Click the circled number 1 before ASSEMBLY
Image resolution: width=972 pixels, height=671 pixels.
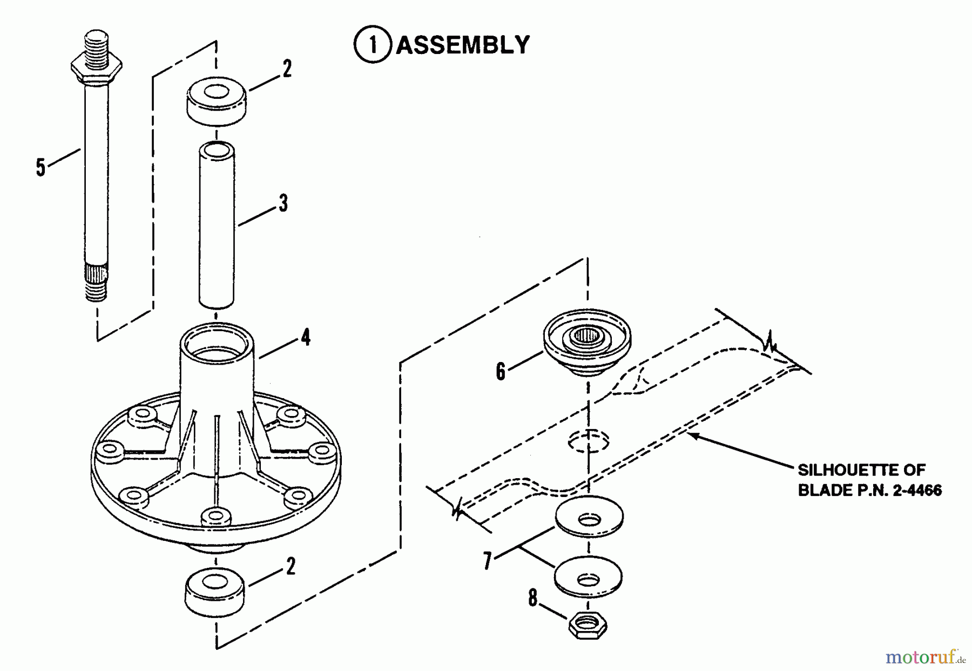(x=372, y=45)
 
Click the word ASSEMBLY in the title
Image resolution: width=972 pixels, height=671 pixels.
(x=463, y=45)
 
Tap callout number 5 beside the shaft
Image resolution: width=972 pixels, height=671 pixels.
(x=40, y=167)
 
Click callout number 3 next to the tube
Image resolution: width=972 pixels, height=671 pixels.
(x=283, y=203)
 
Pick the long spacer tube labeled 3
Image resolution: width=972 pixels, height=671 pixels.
(x=216, y=225)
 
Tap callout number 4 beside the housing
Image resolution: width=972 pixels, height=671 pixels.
(x=306, y=338)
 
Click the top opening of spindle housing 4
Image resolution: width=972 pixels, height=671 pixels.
(x=216, y=343)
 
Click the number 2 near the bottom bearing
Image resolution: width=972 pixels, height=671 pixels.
(x=291, y=566)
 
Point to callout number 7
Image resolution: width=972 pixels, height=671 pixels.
(x=488, y=561)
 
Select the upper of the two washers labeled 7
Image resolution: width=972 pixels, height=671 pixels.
(x=588, y=517)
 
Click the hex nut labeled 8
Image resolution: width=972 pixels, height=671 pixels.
(x=588, y=626)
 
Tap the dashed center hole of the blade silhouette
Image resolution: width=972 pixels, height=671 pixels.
(x=588, y=440)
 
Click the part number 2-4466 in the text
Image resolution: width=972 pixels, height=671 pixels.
(x=912, y=491)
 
